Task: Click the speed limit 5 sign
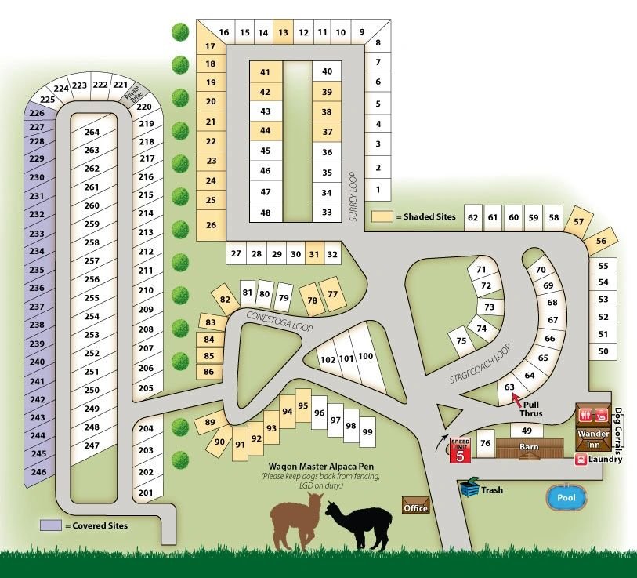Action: [461, 450]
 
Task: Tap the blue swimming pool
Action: [565, 497]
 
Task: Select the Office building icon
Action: [415, 505]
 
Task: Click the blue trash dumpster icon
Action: [471, 488]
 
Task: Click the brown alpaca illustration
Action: [295, 524]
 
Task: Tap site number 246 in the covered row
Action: [38, 472]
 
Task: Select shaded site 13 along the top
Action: [283, 32]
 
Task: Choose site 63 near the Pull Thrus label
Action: [509, 387]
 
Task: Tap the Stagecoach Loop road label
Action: [480, 364]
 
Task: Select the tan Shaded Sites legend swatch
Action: [382, 216]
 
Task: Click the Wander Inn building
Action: [593, 438]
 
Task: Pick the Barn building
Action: [530, 449]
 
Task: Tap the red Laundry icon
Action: [582, 460]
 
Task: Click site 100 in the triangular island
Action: [366, 357]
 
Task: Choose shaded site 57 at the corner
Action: [579, 221]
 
